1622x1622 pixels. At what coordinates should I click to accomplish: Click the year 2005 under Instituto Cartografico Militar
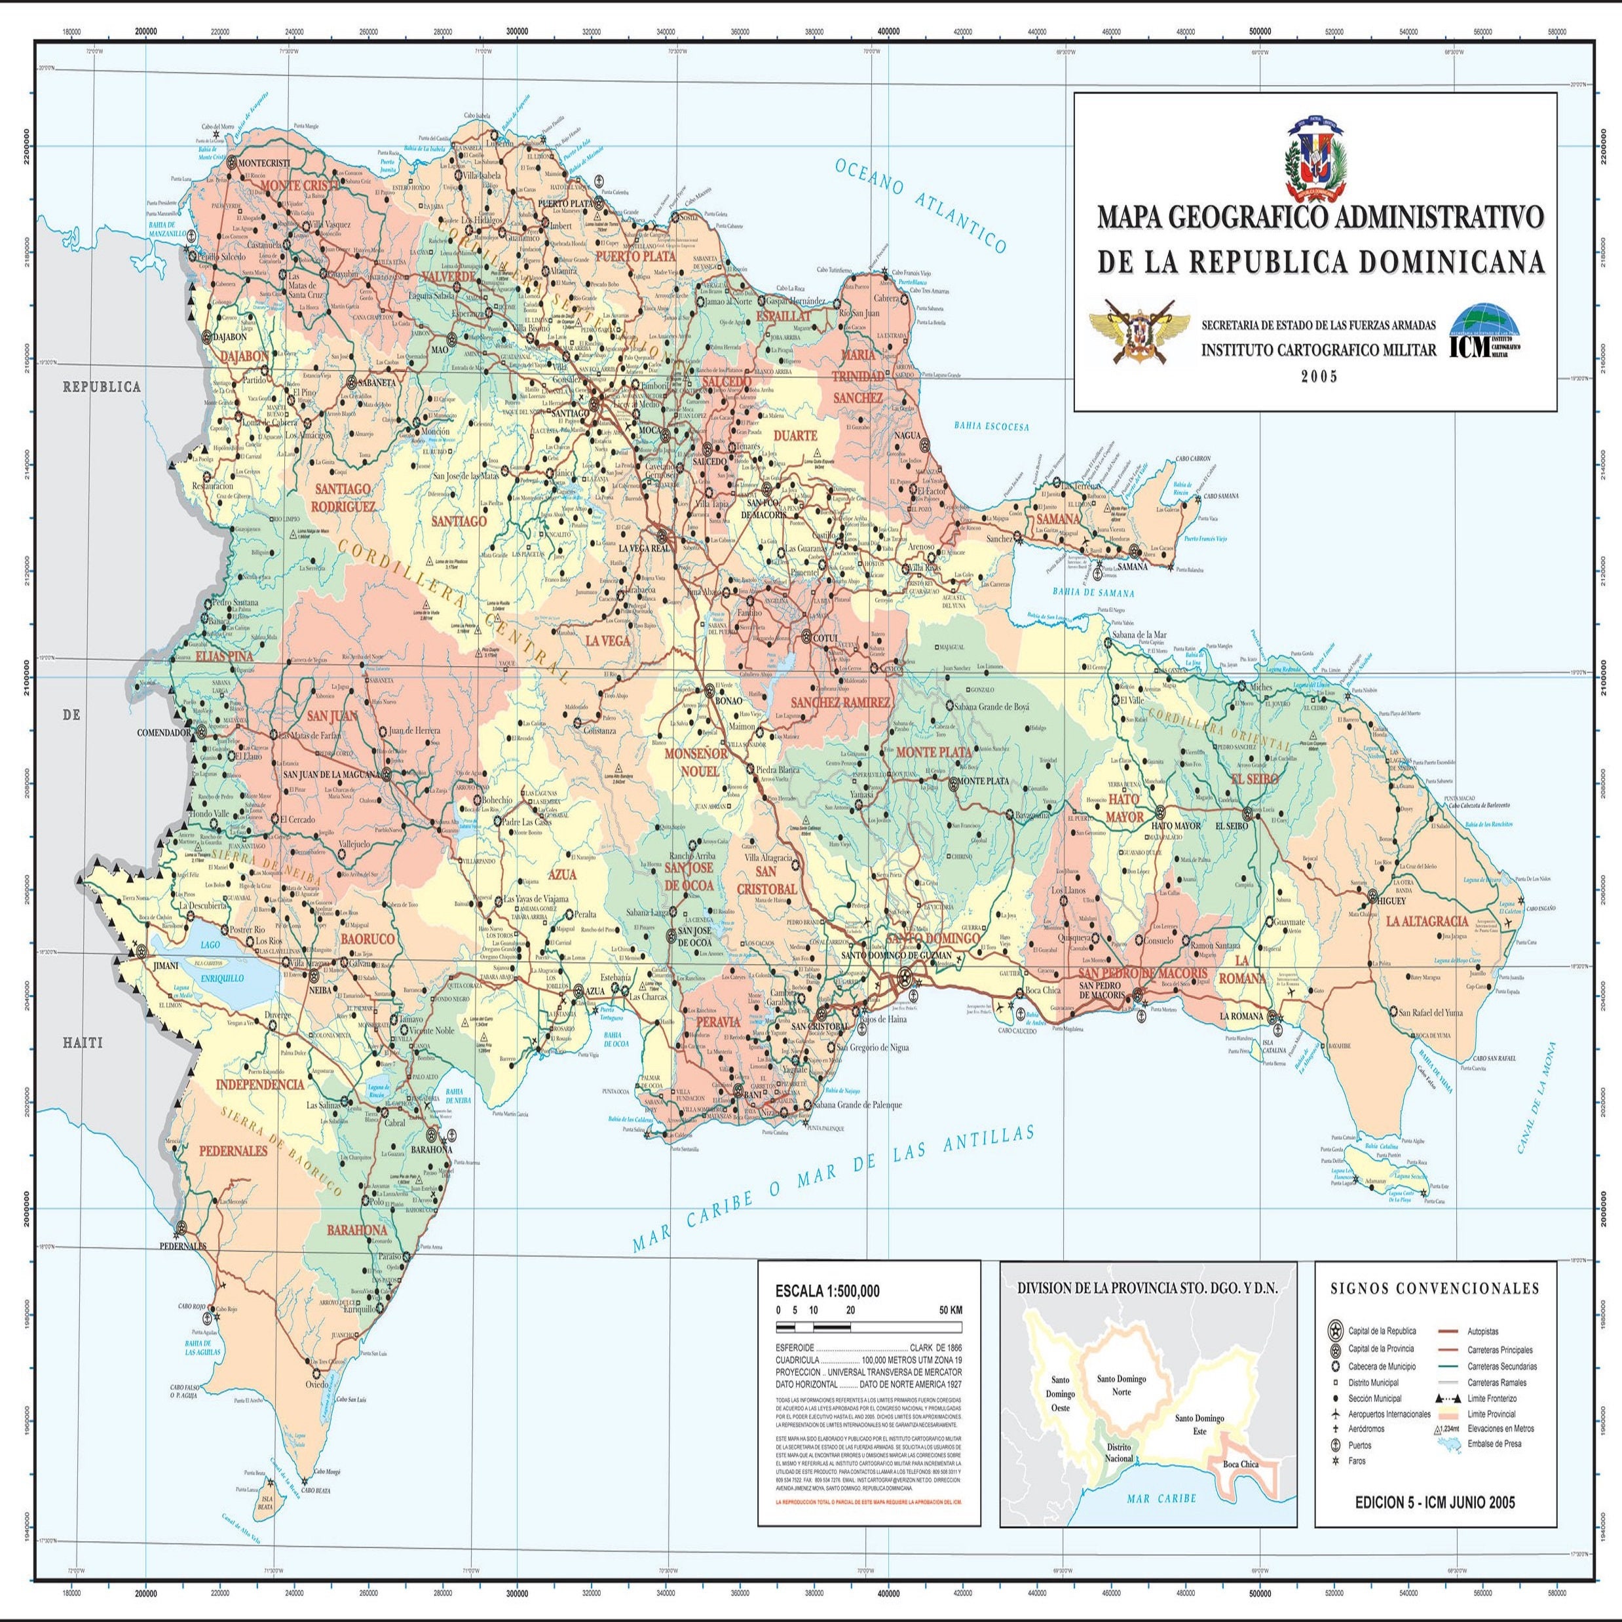point(1318,377)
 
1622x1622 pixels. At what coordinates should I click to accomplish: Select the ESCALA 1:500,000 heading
point(827,1292)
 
